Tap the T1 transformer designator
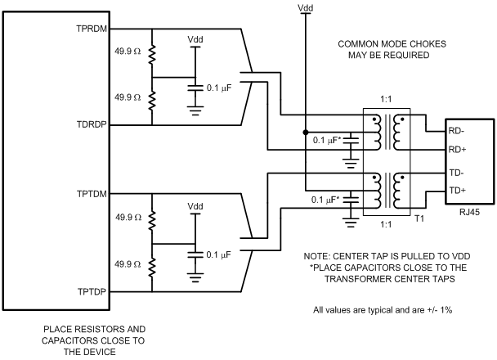(x=419, y=218)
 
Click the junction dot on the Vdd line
(x=305, y=132)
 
